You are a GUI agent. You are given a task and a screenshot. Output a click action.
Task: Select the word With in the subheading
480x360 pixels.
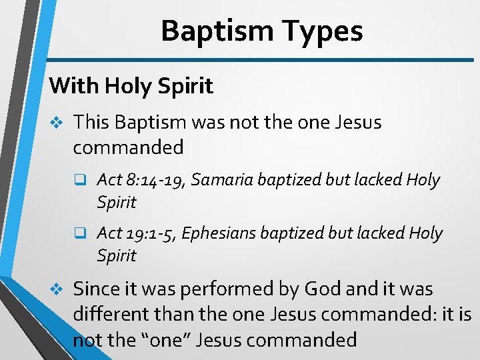(x=73, y=85)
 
